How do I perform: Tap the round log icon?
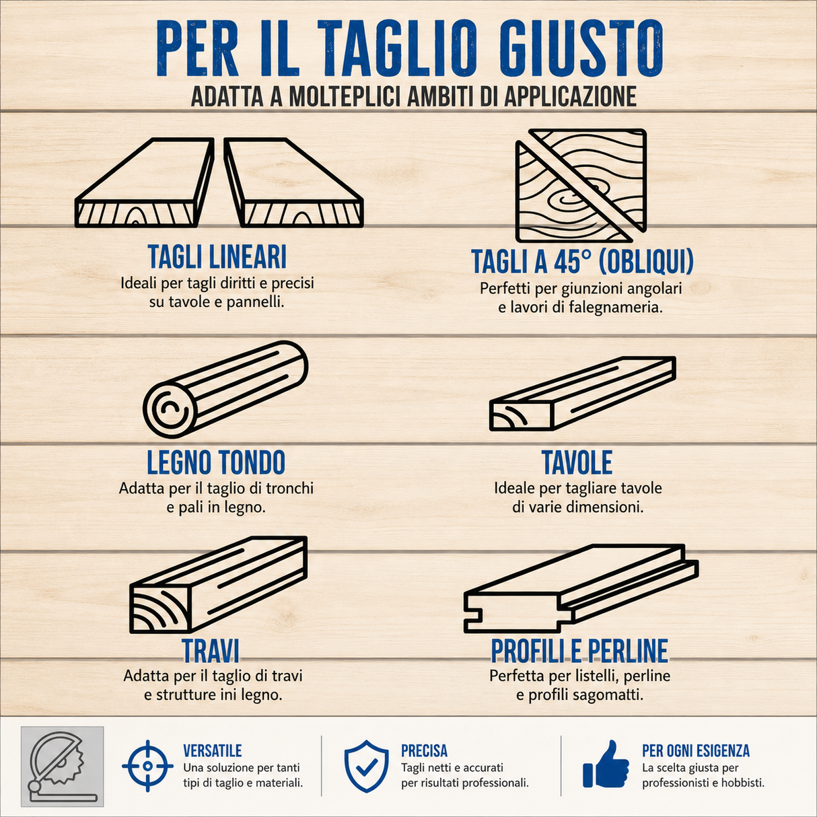tap(225, 390)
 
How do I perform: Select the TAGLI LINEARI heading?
tap(217, 256)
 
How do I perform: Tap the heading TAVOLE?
tap(577, 462)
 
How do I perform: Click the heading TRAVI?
tap(210, 650)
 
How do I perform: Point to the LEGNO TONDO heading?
tap(216, 462)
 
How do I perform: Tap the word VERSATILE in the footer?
tap(213, 751)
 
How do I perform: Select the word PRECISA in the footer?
tap(424, 751)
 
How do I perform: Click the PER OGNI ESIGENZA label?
tap(696, 751)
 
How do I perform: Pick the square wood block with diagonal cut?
tap(581, 186)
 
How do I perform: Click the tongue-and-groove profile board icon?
tap(581, 589)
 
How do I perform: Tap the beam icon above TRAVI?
tap(218, 585)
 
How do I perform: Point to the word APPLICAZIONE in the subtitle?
tap(570, 97)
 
